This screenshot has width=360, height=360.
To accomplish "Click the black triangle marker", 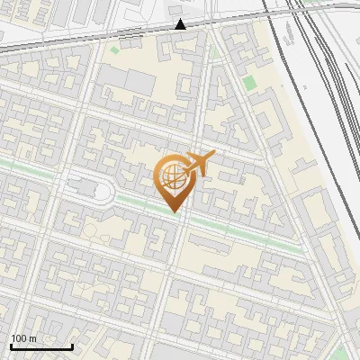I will click(x=181, y=24).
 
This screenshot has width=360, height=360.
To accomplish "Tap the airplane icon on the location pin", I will click(x=200, y=164).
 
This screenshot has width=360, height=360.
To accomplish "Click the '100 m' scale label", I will click(x=23, y=338).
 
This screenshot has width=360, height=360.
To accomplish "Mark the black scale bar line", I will click(x=41, y=346).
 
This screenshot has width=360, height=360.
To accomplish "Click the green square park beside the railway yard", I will click(x=249, y=83).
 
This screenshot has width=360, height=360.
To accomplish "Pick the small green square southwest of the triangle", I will click(x=114, y=49).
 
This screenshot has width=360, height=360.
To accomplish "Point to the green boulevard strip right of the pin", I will click(x=243, y=230).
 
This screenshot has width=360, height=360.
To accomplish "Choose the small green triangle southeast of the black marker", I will click(x=214, y=52).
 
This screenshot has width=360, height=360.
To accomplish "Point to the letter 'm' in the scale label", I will click(x=32, y=338).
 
